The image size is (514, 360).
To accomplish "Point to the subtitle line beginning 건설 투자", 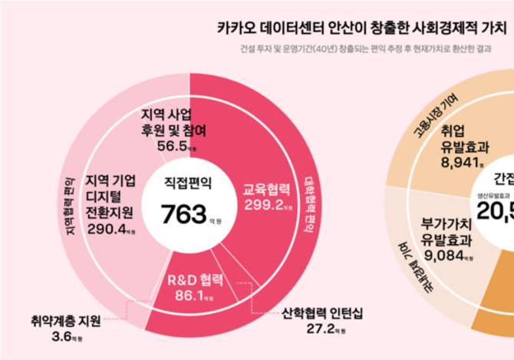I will (x=366, y=52).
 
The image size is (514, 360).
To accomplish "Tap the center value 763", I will (x=182, y=213).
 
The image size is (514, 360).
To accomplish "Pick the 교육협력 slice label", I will (x=266, y=188).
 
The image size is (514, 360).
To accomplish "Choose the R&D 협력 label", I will (x=195, y=278).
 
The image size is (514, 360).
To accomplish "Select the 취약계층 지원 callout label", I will (x=66, y=321).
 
